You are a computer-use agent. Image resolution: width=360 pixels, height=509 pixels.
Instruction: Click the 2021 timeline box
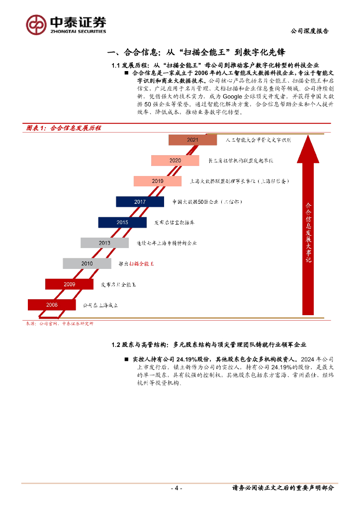click(192, 140)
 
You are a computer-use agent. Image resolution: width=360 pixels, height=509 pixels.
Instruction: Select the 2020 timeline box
click(175, 161)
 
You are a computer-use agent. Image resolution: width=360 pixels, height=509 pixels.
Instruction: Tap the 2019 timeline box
click(158, 181)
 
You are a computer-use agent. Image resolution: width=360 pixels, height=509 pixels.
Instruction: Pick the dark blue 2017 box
click(140, 202)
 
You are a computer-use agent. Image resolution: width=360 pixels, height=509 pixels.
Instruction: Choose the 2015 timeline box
click(122, 222)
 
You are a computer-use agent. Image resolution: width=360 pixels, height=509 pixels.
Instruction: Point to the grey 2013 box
click(104, 243)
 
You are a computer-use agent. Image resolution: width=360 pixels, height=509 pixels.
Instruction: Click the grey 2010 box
click(87, 263)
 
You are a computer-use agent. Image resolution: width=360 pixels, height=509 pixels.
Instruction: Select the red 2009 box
click(69, 284)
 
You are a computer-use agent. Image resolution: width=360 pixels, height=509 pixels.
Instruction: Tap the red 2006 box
click(52, 305)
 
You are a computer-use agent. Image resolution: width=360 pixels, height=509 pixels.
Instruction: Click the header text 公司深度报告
click(309, 31)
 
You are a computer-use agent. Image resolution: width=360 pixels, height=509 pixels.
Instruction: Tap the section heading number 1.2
click(116, 344)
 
